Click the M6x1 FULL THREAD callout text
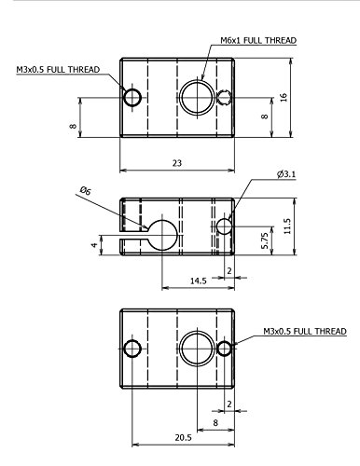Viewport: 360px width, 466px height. click(x=258, y=40)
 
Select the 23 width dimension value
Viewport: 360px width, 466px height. click(x=177, y=163)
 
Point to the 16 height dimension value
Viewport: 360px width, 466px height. click(x=284, y=97)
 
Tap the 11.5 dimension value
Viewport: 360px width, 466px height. click(x=287, y=226)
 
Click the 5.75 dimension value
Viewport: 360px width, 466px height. click(x=264, y=240)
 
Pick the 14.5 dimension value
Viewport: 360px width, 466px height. click(x=199, y=281)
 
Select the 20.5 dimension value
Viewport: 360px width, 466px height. click(x=184, y=438)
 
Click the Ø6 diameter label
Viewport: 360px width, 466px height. click(x=85, y=190)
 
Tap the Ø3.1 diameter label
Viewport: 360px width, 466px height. click(x=286, y=174)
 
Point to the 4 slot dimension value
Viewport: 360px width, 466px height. click(x=94, y=245)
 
